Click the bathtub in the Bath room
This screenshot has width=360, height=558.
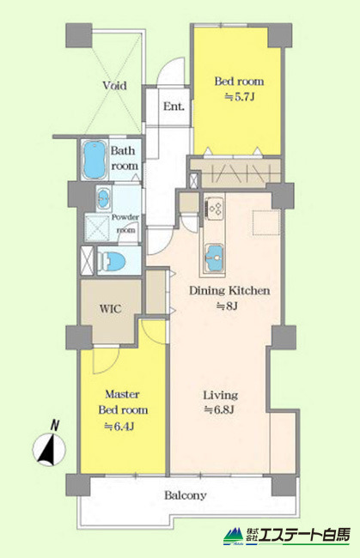(x=95, y=159)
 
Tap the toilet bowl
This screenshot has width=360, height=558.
(x=112, y=261)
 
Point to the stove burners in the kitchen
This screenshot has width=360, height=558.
(x=215, y=209)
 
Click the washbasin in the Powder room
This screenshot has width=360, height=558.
(x=104, y=198)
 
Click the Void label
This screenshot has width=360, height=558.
(x=114, y=85)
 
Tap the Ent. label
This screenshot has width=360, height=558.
(x=174, y=106)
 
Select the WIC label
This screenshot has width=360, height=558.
(x=110, y=308)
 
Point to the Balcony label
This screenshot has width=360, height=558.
(x=186, y=495)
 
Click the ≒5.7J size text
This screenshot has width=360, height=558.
(x=240, y=96)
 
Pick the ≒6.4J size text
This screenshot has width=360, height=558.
(x=119, y=426)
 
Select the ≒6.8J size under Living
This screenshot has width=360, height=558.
(x=219, y=410)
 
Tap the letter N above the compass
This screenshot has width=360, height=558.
(x=54, y=425)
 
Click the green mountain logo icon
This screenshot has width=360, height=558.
(x=234, y=536)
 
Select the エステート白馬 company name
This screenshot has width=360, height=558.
(x=304, y=535)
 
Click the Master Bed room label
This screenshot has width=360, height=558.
(x=123, y=402)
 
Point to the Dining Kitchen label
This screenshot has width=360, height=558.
(x=229, y=290)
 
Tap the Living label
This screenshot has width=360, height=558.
(x=221, y=395)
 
